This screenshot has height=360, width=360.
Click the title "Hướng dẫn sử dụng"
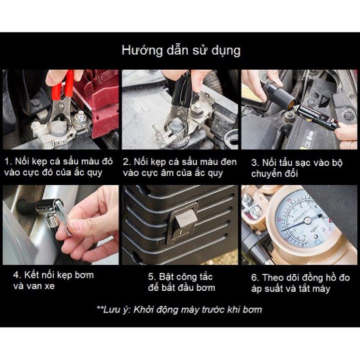click(181, 51)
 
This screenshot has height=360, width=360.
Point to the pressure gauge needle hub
click(307, 221)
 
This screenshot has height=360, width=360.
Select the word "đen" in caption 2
click(229, 162)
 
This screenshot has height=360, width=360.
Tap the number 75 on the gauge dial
click(290, 201)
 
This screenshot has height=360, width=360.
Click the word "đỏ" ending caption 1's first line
click(108, 161)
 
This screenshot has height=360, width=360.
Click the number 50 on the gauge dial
click(279, 219)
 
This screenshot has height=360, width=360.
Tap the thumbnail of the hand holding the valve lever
click(61, 225)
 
